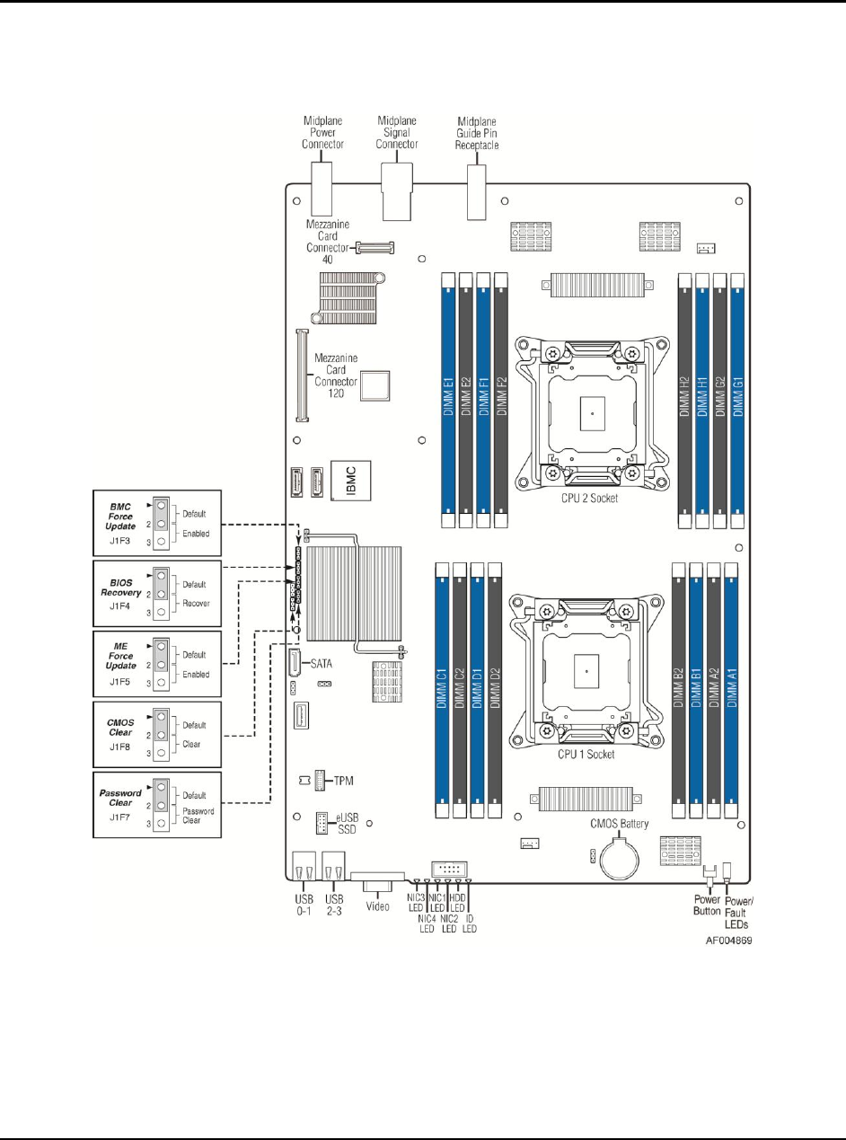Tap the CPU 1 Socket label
[586, 755]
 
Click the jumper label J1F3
[121, 543]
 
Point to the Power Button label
[708, 906]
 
